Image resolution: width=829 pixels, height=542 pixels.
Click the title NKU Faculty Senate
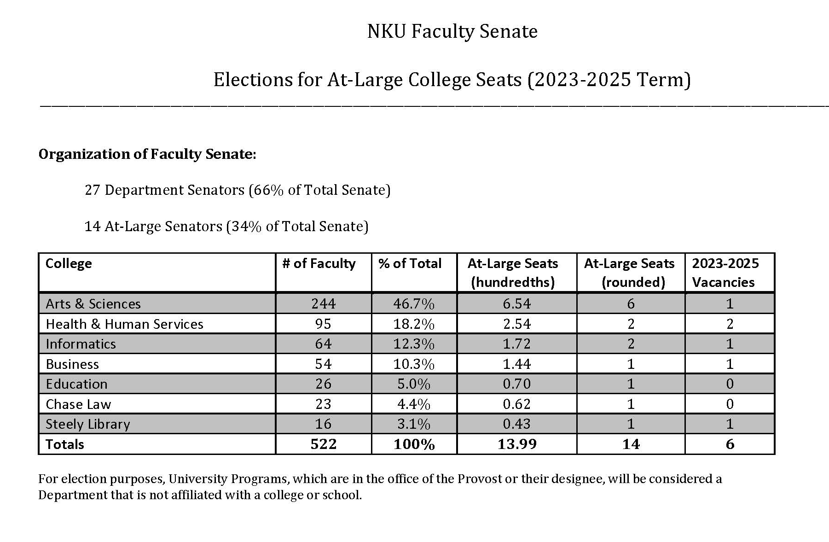point(452,32)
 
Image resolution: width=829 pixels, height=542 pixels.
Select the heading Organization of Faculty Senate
point(147,154)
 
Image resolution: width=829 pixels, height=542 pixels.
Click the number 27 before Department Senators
point(92,190)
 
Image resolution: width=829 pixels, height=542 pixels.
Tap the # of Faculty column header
point(319,264)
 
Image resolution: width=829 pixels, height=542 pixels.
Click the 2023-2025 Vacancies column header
point(725,273)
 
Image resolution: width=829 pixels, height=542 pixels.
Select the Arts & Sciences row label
point(93,304)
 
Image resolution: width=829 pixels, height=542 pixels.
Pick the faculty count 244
point(323,304)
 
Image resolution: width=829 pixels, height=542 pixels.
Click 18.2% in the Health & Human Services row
point(413,324)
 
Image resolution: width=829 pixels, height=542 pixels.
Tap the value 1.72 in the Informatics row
point(516,344)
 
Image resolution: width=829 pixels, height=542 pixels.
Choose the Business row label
point(72,364)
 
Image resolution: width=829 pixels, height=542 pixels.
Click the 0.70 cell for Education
point(516,384)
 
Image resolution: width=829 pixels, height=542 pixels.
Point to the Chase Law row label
point(78,404)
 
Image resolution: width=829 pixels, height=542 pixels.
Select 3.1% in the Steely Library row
point(413,424)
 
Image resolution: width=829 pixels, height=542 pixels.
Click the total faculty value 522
point(323,444)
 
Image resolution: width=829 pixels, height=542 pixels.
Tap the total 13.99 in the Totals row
point(516,444)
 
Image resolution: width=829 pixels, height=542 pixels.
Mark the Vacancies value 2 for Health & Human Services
point(730,324)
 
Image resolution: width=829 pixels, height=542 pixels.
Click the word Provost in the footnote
point(479,479)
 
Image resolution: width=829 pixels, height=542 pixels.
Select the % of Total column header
point(410,264)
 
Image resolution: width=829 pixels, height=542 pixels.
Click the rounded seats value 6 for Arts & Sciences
point(631,304)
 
